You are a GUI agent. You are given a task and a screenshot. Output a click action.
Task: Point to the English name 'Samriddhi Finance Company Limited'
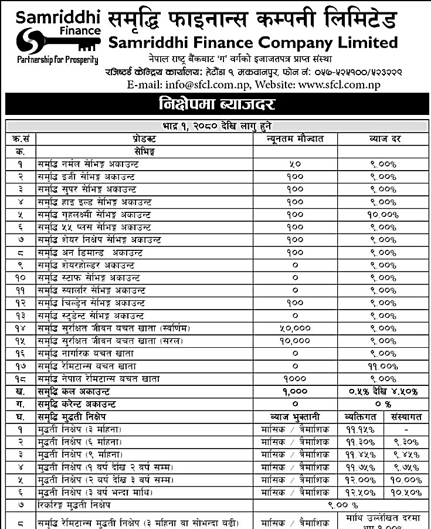[x=253, y=42]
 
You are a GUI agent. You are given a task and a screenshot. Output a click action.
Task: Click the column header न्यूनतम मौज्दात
[x=295, y=139]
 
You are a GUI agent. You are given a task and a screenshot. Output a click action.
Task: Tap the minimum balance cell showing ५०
[x=295, y=165]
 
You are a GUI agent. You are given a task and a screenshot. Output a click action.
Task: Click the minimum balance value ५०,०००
[x=295, y=328]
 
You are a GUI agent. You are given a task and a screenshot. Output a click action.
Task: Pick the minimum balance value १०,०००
[x=295, y=341]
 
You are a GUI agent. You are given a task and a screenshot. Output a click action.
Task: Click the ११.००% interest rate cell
[x=383, y=365]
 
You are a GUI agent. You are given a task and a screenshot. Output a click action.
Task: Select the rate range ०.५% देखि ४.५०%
[x=383, y=391]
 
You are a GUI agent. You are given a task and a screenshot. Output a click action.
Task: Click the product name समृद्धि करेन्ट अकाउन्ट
[x=77, y=404]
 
